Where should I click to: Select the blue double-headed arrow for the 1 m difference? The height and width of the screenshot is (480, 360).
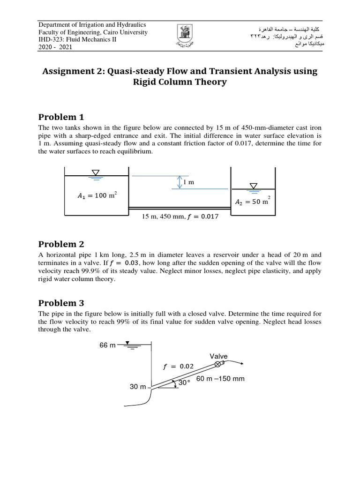[x=179, y=182]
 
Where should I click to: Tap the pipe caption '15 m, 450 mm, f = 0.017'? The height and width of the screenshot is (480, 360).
[x=180, y=217]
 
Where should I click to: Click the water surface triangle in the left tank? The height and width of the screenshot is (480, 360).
[x=95, y=173]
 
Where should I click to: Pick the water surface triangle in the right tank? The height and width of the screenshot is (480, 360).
[x=254, y=186]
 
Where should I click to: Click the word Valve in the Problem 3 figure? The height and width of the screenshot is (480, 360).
[x=218, y=356]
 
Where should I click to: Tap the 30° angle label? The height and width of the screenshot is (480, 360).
[x=185, y=383]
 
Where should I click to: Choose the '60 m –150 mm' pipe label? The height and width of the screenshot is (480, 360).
[x=220, y=378]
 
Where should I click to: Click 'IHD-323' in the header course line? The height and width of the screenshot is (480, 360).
[x=52, y=40]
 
